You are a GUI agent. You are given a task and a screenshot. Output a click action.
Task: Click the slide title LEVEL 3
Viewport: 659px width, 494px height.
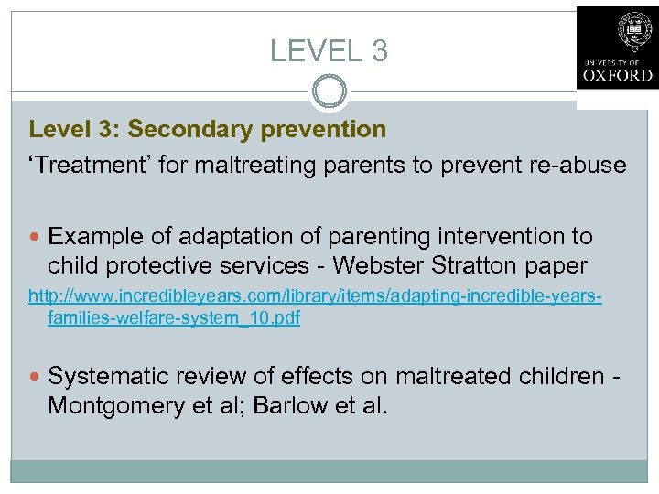[x=329, y=50]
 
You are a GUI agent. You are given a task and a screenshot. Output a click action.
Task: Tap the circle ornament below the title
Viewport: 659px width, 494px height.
[x=329, y=92]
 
